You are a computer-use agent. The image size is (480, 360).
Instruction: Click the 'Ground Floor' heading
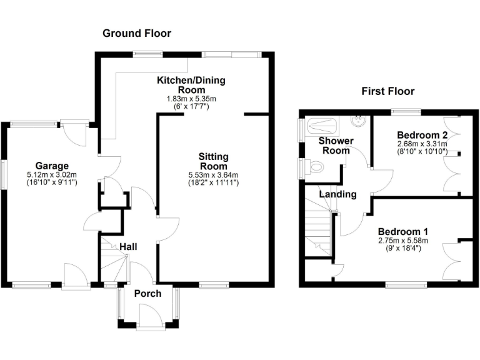pyautogui.click(x=137, y=33)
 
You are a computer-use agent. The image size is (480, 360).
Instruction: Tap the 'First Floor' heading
pyautogui.click(x=387, y=91)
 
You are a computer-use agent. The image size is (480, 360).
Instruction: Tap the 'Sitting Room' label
pyautogui.click(x=213, y=161)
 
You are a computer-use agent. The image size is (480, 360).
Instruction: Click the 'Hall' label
pyautogui.click(x=129, y=247)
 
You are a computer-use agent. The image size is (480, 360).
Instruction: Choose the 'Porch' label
pyautogui.click(x=148, y=293)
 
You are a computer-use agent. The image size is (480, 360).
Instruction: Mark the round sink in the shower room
pyautogui.click(x=359, y=119)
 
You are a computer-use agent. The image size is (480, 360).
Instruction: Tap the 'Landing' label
pyautogui.click(x=337, y=194)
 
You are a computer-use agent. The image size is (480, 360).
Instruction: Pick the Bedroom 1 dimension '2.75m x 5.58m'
pyautogui.click(x=402, y=241)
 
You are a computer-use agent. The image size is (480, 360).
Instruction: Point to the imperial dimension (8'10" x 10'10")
pyautogui.click(x=422, y=152)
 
